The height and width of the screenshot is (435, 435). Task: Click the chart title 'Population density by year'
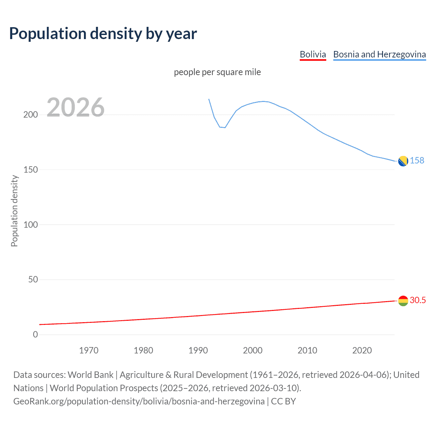point(103,34)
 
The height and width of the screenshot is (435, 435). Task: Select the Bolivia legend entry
point(313,54)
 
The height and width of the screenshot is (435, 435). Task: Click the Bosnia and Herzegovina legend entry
point(379,54)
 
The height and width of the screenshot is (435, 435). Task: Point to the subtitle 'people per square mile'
point(217,72)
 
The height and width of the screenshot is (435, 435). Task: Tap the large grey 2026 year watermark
point(75,107)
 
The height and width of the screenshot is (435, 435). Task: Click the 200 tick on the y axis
point(31,115)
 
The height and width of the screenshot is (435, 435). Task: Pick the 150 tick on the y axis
point(31,170)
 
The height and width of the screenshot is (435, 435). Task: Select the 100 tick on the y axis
point(31,225)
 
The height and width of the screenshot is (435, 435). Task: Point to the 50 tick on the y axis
point(33,280)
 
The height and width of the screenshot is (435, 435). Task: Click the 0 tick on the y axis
point(35,334)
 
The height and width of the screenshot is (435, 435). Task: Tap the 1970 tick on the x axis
point(89,350)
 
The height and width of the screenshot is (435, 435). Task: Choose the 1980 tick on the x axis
point(143,350)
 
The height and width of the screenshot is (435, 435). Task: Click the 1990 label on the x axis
point(198,350)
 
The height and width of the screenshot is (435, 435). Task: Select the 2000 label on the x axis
point(253,350)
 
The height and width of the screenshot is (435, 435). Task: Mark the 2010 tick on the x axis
point(307,350)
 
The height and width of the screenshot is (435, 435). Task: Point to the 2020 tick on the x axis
point(362,350)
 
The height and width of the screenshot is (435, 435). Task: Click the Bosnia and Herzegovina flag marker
point(403,161)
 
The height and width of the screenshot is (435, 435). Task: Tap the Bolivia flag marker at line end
point(403,301)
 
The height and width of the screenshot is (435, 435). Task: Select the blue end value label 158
point(417,160)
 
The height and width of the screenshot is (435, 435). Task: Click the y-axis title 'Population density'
point(14,211)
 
